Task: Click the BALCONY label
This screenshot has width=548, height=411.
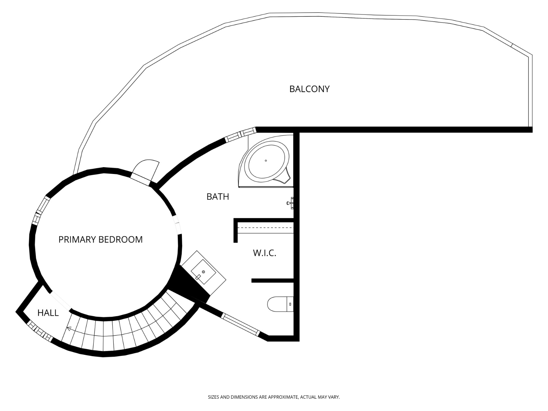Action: coord(309,89)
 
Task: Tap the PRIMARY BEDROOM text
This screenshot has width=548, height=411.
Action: coord(100,239)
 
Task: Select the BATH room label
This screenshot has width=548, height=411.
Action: coord(218,197)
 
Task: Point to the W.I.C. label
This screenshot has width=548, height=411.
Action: coord(264,253)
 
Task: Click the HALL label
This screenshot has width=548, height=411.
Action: coord(48,313)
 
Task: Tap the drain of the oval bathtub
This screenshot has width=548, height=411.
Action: coord(266,161)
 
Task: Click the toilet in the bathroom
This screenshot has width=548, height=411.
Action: coord(281,304)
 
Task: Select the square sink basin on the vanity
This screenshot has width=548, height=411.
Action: coord(203,272)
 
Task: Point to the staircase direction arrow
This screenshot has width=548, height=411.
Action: coord(68,329)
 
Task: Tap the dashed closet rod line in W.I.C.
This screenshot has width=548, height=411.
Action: coord(265,228)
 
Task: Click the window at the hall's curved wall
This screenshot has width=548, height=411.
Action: coord(39,331)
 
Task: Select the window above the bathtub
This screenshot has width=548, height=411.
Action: coord(240,135)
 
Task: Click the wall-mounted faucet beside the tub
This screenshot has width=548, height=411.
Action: coord(290,203)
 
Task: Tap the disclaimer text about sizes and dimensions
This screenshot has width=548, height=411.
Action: coord(274,397)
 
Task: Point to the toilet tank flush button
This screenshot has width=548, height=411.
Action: coord(290,304)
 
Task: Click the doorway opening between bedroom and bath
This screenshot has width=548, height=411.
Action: coord(177,225)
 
